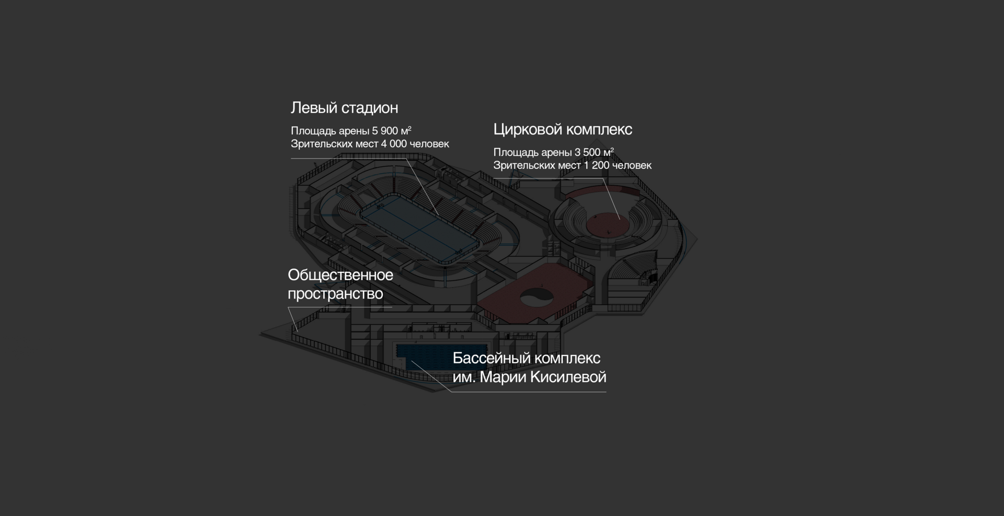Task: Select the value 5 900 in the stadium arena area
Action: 385,131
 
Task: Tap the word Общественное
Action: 340,275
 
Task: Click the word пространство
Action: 335,294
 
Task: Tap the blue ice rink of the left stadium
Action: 418,227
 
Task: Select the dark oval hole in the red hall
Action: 537,297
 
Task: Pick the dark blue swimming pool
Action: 424,358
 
